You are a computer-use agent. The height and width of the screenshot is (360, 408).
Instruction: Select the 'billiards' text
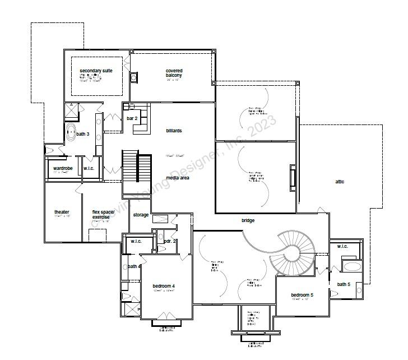[x=174, y=131]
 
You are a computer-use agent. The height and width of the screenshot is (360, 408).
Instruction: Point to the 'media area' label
[x=177, y=178]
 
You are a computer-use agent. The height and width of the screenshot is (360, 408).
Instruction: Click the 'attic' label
[x=340, y=182]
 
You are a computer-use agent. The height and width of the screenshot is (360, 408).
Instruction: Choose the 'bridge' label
[x=248, y=220]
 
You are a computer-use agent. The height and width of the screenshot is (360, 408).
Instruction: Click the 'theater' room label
[x=62, y=212]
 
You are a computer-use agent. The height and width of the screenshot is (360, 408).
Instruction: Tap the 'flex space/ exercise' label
[x=103, y=214]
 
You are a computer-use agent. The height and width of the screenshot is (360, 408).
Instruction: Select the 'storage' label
[x=141, y=215]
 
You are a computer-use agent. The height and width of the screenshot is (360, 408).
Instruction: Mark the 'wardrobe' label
[x=63, y=168]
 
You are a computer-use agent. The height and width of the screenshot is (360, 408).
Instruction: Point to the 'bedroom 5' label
[x=302, y=295]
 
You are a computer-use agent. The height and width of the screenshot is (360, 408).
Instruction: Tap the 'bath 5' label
[x=344, y=284]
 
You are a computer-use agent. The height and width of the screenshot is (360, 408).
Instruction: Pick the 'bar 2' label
[x=132, y=118]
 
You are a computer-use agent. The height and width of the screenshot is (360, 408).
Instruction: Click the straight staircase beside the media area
[x=137, y=167]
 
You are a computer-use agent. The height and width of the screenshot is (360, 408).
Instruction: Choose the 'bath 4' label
[x=134, y=266]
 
